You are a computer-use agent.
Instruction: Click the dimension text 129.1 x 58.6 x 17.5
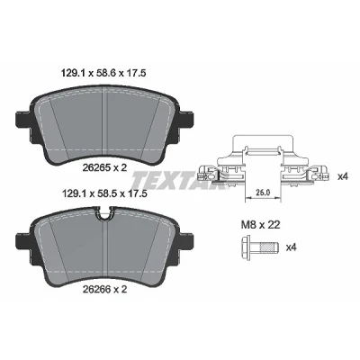tap(103, 73)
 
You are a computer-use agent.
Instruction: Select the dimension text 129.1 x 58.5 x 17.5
tap(103, 193)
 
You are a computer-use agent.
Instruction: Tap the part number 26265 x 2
tap(104, 168)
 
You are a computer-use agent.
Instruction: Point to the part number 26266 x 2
tap(104, 289)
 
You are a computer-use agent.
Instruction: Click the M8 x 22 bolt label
tap(260, 224)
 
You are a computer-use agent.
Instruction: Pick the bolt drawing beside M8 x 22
tap(260, 247)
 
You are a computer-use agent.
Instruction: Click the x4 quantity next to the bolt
tap(292, 247)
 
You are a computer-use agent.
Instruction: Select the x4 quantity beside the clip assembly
tap(342, 176)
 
